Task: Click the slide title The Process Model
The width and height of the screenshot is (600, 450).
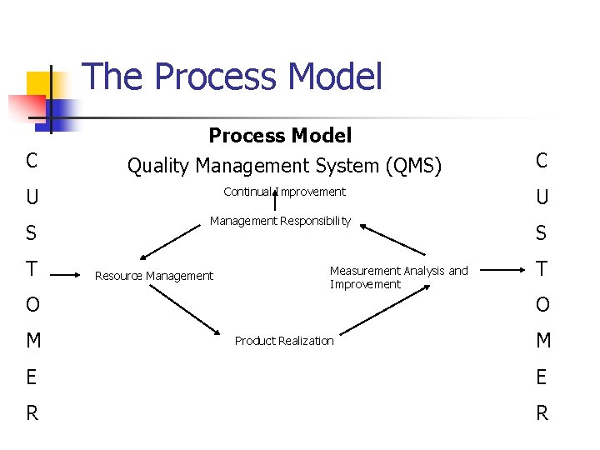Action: coord(232,77)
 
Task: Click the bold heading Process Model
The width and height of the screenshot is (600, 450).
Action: coord(280,135)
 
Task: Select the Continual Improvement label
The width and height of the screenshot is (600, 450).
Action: coord(284,192)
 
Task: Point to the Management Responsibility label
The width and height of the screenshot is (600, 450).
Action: coord(280,221)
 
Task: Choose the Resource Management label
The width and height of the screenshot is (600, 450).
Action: coord(154,276)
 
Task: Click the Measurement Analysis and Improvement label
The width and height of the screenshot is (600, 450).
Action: coord(398,277)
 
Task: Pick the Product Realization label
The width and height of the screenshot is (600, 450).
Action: coord(284,341)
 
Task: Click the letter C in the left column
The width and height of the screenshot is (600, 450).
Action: coord(32,160)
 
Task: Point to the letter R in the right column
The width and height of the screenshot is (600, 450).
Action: coord(542,412)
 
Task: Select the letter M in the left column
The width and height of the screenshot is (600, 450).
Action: coord(32,341)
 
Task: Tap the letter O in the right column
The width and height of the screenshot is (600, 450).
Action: coord(542,305)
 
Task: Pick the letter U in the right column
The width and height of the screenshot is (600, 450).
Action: coord(542,198)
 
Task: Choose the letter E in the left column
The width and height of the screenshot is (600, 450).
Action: coord(32,377)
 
